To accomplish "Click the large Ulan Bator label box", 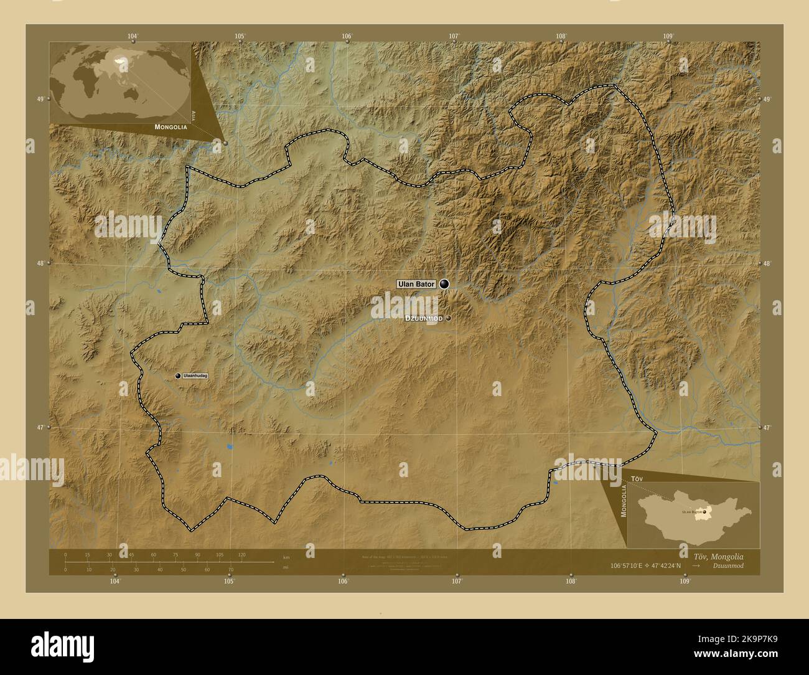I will click(416, 284).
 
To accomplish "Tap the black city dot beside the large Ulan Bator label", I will click(444, 284).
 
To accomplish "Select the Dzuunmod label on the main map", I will click(423, 318).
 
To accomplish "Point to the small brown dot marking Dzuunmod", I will click(448, 318).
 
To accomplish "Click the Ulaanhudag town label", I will click(195, 375).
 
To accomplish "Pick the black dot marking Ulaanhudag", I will click(178, 375).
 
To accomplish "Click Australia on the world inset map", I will click(131, 93).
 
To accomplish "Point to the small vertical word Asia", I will click(194, 115).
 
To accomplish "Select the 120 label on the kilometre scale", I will click(241, 554).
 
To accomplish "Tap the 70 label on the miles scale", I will click(231, 569).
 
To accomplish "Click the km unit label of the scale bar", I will click(286, 557).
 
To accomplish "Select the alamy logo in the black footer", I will click(53, 641).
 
